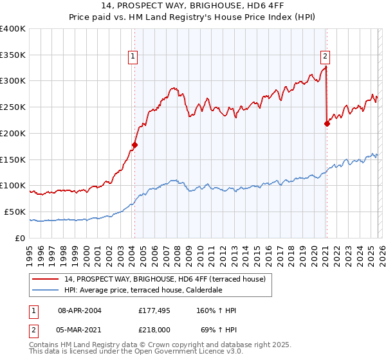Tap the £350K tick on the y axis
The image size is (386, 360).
tap(13, 55)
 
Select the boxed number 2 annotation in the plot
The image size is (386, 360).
tap(326, 56)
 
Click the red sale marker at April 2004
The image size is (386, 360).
tap(134, 145)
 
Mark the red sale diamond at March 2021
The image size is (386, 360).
tap(327, 124)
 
